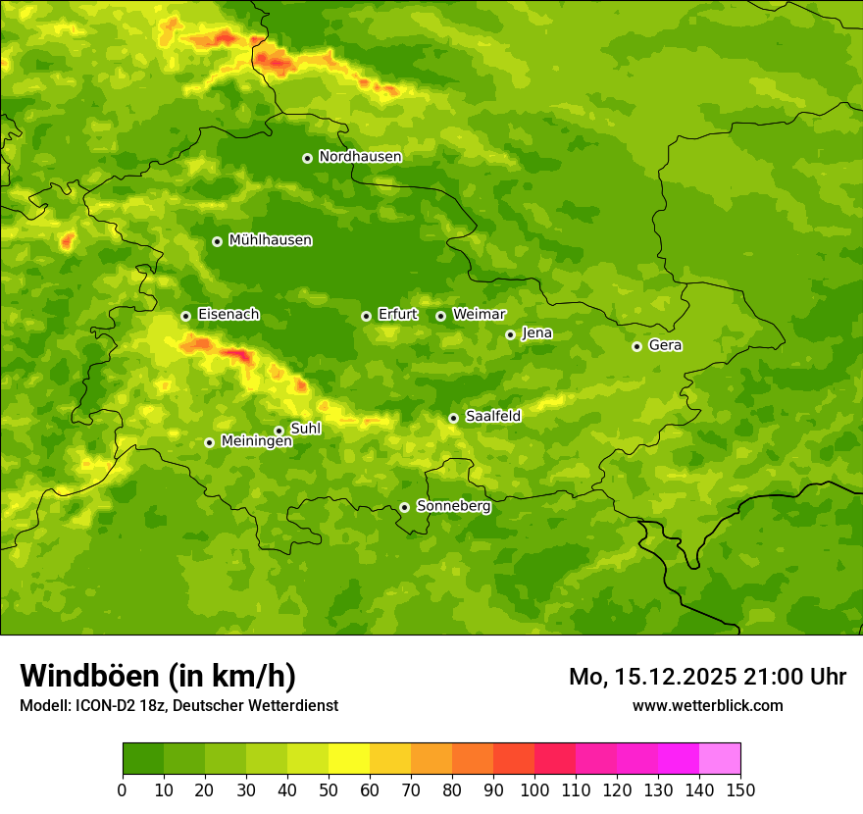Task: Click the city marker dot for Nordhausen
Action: tap(307, 158)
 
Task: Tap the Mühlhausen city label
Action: tap(270, 240)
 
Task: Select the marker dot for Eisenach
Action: tap(185, 316)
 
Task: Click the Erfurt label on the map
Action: tap(397, 315)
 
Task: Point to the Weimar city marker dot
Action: tap(440, 316)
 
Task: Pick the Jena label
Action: tap(536, 333)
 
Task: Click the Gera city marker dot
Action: tap(636, 346)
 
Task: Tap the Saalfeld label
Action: tap(492, 417)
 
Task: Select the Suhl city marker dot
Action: tap(279, 431)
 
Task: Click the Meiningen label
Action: tap(256, 442)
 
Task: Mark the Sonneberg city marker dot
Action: tap(404, 507)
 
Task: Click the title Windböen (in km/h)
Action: tap(158, 676)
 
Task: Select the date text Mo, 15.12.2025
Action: tap(648, 677)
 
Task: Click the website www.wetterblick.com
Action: tap(707, 705)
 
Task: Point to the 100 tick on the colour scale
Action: tap(534, 789)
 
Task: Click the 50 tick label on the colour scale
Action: tap(329, 789)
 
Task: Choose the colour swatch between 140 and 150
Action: tap(720, 759)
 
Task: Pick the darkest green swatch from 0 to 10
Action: tap(143, 759)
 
